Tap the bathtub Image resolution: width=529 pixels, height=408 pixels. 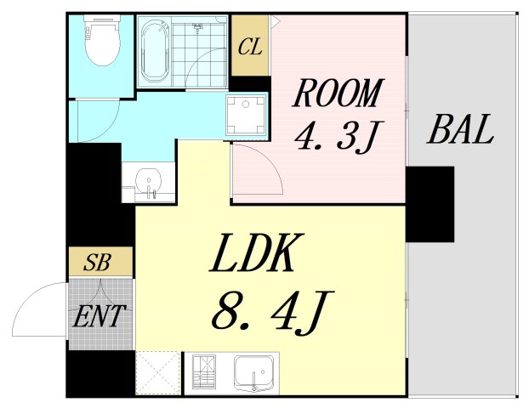(156, 52)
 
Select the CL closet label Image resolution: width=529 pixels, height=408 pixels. (250, 47)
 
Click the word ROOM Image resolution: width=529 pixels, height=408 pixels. (338, 93)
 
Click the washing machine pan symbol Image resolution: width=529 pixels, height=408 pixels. (246, 115)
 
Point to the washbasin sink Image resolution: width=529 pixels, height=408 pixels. (150, 182)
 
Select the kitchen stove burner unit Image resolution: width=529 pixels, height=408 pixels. (206, 372)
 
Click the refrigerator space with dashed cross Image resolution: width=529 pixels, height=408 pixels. (158, 372)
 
